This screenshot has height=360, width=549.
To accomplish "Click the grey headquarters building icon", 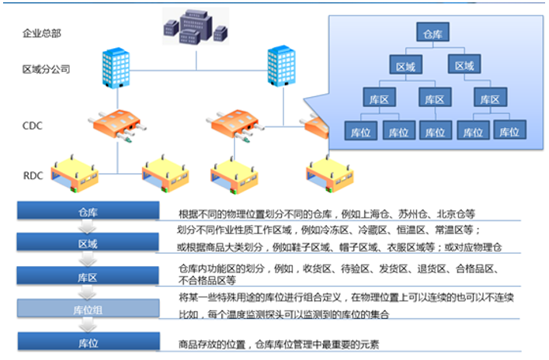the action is click(196, 26).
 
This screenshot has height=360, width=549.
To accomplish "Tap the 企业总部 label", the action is click(42, 33).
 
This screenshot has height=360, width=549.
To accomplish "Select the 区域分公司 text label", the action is click(46, 69).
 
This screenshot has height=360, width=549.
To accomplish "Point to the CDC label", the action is click(32, 126).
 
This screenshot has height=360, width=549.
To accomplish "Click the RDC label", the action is click(33, 175).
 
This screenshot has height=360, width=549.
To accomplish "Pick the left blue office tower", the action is click(116, 67).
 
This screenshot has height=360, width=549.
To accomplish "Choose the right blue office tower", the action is click(282, 66).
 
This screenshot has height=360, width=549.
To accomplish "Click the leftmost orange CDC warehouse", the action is click(118, 126).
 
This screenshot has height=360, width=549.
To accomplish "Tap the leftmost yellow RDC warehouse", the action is click(75, 174).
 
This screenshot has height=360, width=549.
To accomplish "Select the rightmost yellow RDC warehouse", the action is click(330, 175).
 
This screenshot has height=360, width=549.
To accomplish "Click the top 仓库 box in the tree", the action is click(433, 32).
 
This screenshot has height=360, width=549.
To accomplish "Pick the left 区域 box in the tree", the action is click(406, 64).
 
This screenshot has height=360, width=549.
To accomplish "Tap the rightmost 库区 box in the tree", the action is click(490, 97).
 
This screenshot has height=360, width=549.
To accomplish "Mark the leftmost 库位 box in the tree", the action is click(360, 130).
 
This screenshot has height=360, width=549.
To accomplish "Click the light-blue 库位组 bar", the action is click(89, 308).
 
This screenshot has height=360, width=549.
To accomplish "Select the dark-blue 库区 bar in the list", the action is click(88, 275).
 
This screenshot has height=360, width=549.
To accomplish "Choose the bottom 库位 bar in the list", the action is click(89, 341).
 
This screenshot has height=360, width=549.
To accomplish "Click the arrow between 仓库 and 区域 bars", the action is click(87, 227).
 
